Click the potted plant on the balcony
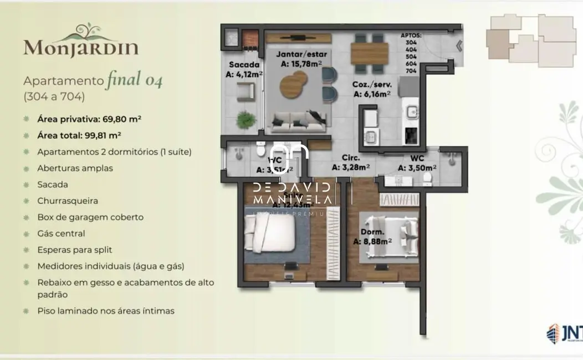click(244, 119)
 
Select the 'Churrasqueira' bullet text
click(68, 200)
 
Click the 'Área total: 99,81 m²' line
click(79, 135)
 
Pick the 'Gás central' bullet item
click(62, 234)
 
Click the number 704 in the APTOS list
click(411, 71)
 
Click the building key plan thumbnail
click(524, 40)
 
